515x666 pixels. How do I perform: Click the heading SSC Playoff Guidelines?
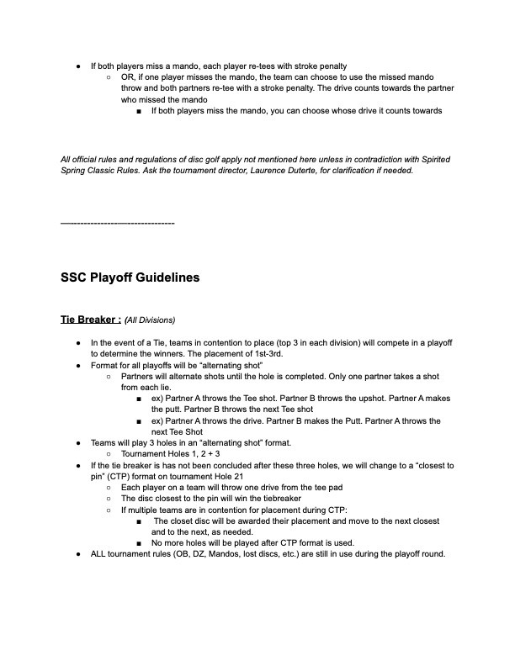point(130,277)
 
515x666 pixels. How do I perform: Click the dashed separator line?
point(117,223)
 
